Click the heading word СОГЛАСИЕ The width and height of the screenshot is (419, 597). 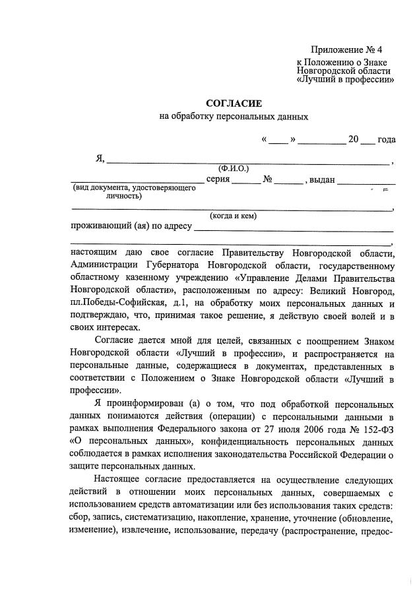pos(234,104)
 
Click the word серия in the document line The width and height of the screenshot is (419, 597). pos(217,179)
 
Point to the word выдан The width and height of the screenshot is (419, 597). pos(323,179)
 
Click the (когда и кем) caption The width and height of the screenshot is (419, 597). pos(234,216)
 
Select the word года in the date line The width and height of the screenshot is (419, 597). pos(386,139)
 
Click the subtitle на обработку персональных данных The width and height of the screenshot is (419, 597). pos(234,117)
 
